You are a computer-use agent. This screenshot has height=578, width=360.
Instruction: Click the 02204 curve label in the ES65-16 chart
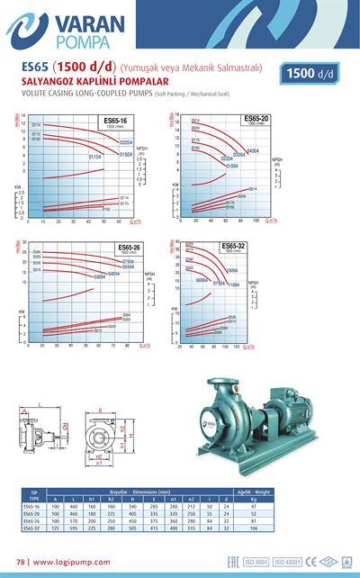click(126, 143)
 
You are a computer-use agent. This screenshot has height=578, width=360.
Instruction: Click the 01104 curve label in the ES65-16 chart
click(94, 157)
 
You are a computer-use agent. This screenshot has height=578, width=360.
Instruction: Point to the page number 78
click(21, 562)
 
